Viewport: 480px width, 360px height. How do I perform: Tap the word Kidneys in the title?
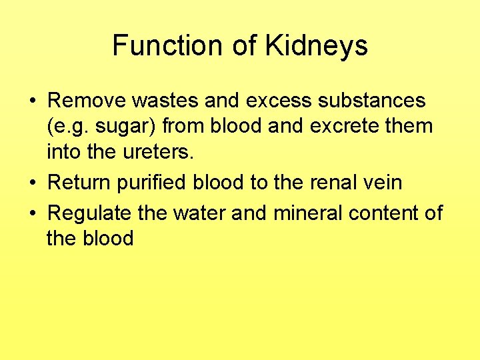317,45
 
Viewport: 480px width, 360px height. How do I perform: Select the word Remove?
87,101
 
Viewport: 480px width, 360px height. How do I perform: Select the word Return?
81,181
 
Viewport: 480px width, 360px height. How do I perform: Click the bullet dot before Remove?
32,102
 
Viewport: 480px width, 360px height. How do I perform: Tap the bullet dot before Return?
32,182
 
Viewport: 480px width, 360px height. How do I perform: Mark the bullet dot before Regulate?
32,213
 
